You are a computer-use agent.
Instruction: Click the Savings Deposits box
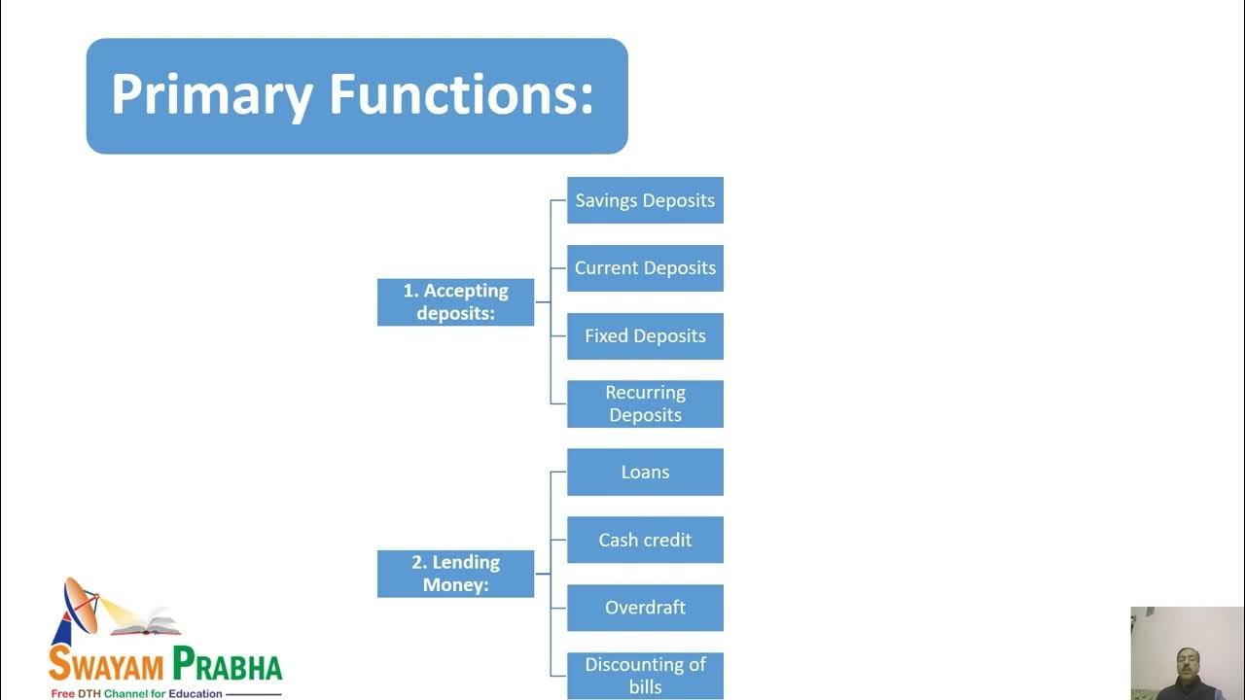(645, 200)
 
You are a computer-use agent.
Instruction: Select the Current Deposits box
(645, 268)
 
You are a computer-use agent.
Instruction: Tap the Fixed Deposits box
(645, 336)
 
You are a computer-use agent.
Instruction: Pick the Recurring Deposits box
(645, 403)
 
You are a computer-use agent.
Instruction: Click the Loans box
(645, 472)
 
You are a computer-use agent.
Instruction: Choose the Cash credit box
(645, 540)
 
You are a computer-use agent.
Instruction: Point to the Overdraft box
(645, 608)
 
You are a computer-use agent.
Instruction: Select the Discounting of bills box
(645, 675)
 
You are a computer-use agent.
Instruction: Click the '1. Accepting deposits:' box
(455, 302)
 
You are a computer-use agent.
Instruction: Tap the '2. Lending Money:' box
(455, 574)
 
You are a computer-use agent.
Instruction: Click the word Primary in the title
(212, 95)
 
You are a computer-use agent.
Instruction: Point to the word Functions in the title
(460, 95)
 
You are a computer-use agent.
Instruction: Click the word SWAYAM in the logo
(107, 667)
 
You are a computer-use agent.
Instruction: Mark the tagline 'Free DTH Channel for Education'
(137, 694)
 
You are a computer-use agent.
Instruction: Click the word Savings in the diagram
(607, 200)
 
